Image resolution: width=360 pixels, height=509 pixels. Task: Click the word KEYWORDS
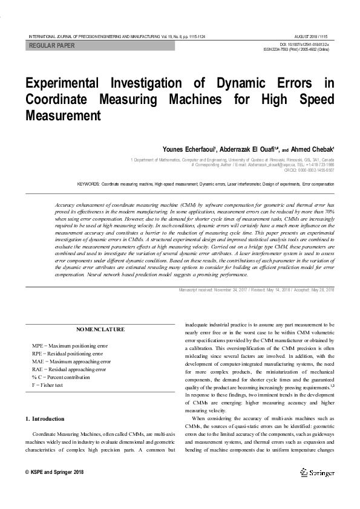88,183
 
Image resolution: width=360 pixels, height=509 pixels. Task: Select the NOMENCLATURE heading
100,329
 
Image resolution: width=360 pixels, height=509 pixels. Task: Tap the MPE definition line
70,346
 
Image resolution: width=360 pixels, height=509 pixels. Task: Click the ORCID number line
310,170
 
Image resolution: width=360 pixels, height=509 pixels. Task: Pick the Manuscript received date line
257,290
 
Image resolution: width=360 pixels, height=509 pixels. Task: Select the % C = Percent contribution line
62,377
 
